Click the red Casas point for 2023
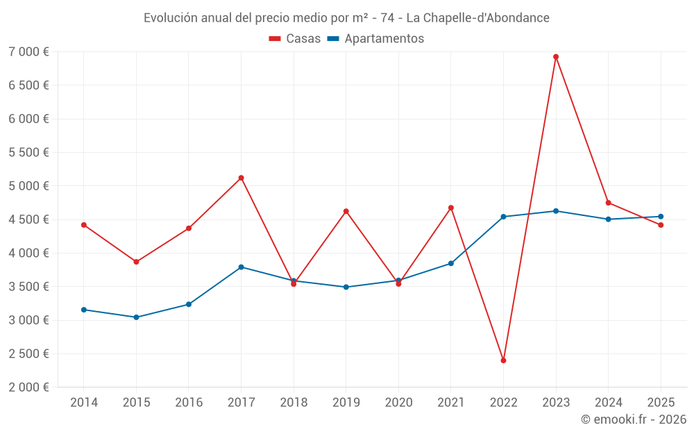556,57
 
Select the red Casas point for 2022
503,360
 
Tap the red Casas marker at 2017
241,178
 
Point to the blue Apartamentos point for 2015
136,317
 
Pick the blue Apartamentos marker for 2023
556,211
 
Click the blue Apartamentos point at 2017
241,267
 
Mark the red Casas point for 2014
84,225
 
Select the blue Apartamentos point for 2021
451,263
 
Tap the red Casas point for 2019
346,211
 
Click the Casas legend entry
295,39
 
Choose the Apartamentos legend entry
375,39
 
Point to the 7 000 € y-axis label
28,52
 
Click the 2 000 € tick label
28,387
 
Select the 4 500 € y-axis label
28,219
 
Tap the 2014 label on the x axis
84,402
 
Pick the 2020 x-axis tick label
398,402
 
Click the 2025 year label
661,402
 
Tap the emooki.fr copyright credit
634,419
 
